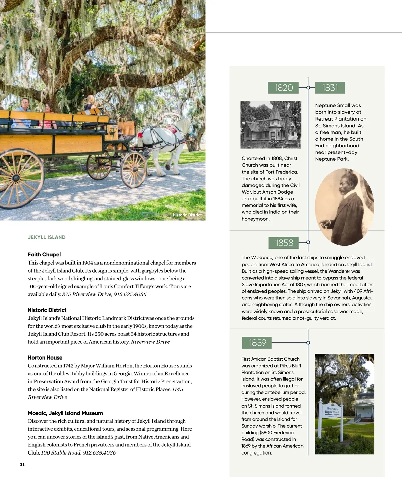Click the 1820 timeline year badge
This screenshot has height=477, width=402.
click(x=284, y=88)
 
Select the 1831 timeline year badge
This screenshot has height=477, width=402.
click(x=330, y=88)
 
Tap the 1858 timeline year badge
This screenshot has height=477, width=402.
click(x=284, y=243)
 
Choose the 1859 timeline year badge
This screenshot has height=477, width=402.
click(x=257, y=343)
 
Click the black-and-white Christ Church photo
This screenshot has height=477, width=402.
click(x=271, y=125)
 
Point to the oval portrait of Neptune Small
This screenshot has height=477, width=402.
click(x=344, y=207)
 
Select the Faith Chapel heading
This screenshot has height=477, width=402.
click(x=44, y=254)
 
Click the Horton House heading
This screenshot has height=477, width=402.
click(x=45, y=357)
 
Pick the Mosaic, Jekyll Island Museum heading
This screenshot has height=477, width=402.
click(x=65, y=413)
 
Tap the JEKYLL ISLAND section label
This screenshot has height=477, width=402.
click(x=47, y=237)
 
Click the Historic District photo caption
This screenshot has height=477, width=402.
click(x=187, y=215)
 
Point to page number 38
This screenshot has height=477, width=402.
click(x=22, y=465)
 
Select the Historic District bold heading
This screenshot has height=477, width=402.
click(x=47, y=310)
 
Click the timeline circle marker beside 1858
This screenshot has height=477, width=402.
click(x=308, y=242)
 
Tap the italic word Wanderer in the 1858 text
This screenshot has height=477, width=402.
click(x=262, y=257)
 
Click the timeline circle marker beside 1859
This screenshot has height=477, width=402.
click(x=308, y=343)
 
